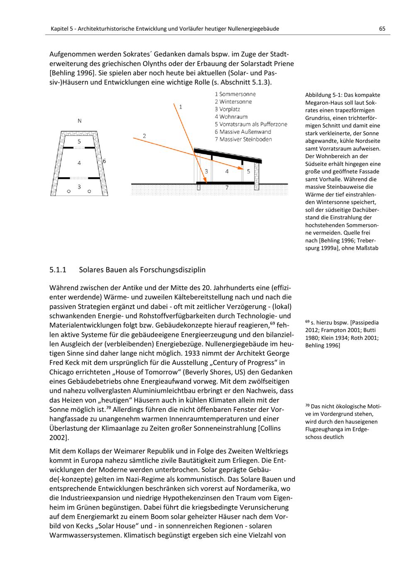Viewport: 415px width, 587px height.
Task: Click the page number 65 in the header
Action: [x=382, y=29]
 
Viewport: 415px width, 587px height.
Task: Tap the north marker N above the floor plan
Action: [x=79, y=121]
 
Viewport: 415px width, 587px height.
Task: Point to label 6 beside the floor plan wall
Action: [x=105, y=161]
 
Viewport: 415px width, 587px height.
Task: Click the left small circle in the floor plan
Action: [x=69, y=191]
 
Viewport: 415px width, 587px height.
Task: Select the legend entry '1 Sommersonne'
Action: [x=235, y=94]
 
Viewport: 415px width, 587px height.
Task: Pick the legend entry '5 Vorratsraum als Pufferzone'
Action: [x=251, y=124]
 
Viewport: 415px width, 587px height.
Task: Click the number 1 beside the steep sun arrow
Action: [x=181, y=107]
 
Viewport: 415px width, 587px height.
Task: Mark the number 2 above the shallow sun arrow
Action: [x=144, y=135]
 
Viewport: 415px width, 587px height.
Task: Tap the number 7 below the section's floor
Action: [x=227, y=188]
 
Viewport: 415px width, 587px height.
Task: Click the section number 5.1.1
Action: [x=58, y=270]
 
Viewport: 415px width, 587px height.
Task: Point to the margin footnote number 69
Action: [x=307, y=322]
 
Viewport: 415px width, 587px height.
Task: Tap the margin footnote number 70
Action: [x=307, y=406]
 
